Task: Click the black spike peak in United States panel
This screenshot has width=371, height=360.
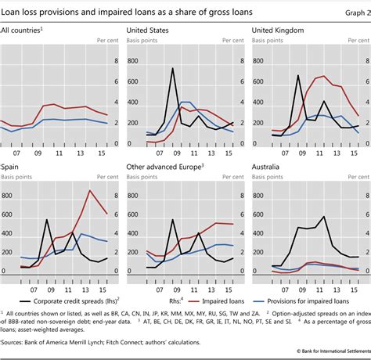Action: [172, 69]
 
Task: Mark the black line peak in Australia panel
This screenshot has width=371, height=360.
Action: [322, 217]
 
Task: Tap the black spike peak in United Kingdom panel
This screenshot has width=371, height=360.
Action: [297, 75]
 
